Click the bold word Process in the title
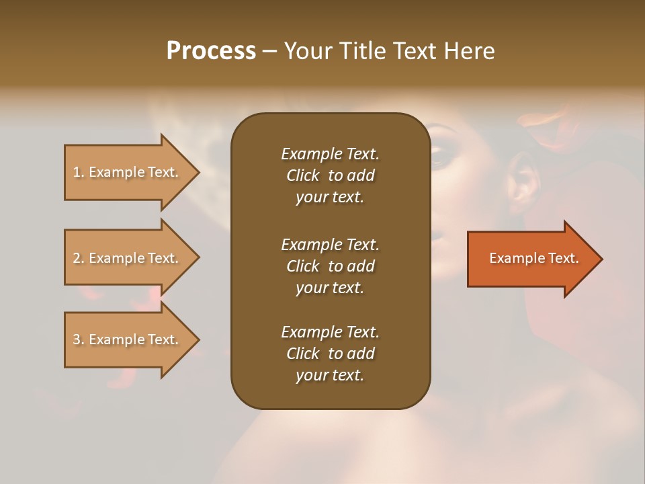211,51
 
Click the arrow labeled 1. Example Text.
128,172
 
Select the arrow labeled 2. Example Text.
128,258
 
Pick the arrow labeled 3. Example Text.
128,339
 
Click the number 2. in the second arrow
79,258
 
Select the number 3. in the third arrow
79,339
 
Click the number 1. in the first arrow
79,172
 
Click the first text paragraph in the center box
330,175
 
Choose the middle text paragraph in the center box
330,266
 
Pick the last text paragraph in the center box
330,354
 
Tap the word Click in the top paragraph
303,175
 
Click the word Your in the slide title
308,51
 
